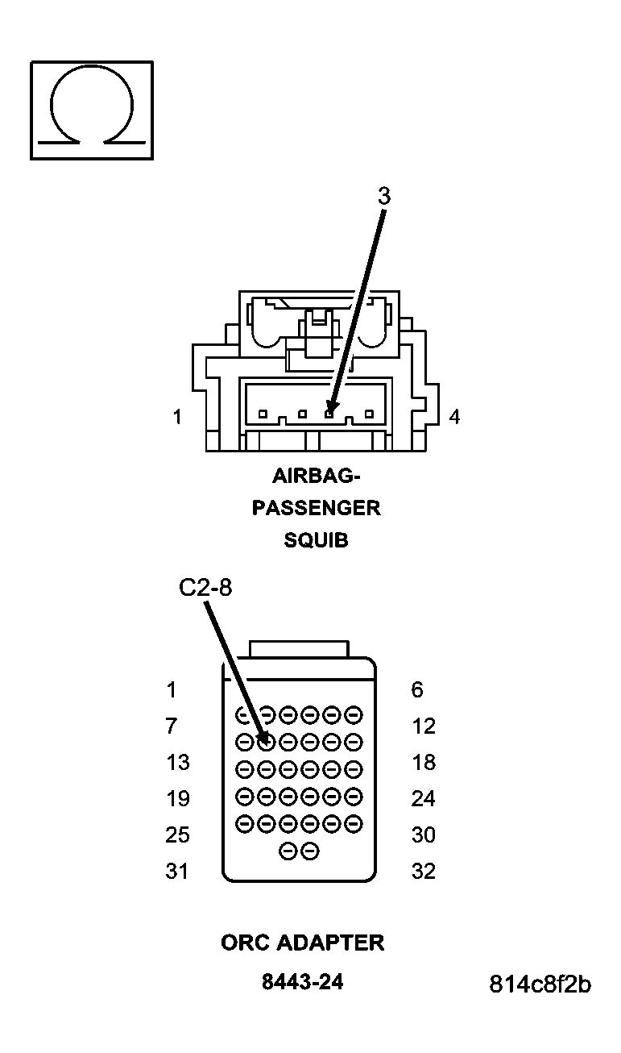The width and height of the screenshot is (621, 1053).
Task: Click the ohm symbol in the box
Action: pos(92,110)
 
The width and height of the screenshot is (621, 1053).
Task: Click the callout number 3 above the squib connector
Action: pos(384,196)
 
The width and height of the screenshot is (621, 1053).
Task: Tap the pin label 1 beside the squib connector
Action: pos(176,417)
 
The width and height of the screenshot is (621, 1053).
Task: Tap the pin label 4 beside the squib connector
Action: pos(454,418)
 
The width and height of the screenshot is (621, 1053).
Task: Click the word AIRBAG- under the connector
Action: pos(316,476)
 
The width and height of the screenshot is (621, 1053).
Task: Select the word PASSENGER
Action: pos(316,508)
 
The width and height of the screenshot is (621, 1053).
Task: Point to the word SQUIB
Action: pos(316,540)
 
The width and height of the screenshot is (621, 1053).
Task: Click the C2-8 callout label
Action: pos(205,589)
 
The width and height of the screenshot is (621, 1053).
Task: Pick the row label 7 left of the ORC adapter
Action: pos(171,726)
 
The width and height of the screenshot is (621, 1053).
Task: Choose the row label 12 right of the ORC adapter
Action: pos(423,726)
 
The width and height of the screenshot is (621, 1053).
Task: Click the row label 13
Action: pos(177,763)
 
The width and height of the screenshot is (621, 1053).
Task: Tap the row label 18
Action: pos(423,763)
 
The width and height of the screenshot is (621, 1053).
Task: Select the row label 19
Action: pos(177,799)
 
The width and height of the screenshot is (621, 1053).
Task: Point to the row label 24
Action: pos(423,799)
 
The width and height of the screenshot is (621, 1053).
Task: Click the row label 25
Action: pos(177,835)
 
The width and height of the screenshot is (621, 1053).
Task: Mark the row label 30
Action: pos(423,835)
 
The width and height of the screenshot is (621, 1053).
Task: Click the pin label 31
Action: pos(177,872)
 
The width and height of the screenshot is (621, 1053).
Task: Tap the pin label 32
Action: pos(423,872)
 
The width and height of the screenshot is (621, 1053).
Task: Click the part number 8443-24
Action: pos(302,982)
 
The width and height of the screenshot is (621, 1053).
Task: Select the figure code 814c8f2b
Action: pos(540,984)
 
